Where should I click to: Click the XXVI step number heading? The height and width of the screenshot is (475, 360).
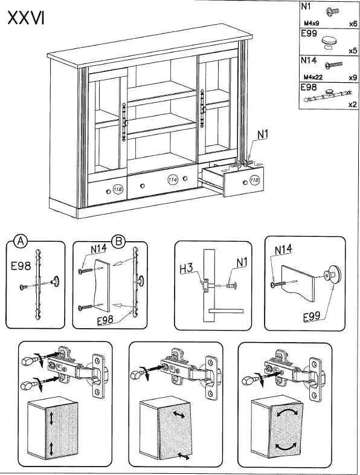click(26, 19)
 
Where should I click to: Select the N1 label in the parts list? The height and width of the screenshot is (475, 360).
click(307, 8)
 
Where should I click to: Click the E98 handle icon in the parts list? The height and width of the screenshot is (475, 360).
click(329, 94)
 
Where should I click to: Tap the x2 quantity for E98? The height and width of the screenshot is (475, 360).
click(352, 104)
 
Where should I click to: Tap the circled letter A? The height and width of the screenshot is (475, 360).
click(20, 241)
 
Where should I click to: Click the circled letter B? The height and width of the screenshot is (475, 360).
click(118, 241)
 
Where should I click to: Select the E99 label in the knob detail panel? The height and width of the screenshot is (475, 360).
click(312, 315)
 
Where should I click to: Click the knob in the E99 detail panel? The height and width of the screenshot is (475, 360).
click(332, 276)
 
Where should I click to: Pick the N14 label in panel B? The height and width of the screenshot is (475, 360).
click(99, 248)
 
